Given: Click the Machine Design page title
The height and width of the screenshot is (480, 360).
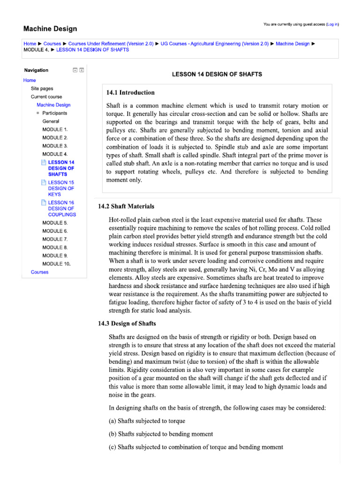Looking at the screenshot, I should (x=50, y=29).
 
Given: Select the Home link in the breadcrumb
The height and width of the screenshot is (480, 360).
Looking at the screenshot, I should (x=30, y=44).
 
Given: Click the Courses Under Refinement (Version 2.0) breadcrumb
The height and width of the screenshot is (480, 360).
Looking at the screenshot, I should (x=111, y=44).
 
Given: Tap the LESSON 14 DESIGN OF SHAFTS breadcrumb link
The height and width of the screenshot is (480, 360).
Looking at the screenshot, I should (x=92, y=50).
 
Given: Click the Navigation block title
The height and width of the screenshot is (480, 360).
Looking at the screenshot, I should (x=36, y=70).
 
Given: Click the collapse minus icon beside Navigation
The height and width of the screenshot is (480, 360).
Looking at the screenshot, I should (x=75, y=70).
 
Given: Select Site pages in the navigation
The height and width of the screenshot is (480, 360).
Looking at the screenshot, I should (x=42, y=88).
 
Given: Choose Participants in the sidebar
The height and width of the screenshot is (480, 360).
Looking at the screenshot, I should (x=54, y=113).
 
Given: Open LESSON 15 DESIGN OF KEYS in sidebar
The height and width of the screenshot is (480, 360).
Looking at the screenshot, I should (x=61, y=188).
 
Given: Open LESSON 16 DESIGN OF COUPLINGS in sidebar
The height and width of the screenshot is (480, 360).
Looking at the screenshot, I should (x=61, y=209).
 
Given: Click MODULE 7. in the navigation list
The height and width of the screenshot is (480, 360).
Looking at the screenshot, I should (x=55, y=239).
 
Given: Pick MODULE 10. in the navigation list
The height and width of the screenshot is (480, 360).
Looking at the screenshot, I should (x=56, y=264).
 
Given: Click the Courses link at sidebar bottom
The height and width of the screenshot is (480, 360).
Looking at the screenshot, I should (x=39, y=272).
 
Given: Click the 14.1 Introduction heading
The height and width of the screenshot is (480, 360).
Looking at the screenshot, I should (x=131, y=92).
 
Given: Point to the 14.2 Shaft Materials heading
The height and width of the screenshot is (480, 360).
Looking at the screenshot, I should (x=126, y=206).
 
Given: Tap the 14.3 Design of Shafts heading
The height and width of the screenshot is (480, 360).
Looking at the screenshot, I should (x=127, y=323).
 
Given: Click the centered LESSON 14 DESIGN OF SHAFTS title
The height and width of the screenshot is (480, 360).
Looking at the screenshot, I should (x=217, y=74).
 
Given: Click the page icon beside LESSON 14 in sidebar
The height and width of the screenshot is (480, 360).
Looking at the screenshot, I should (x=44, y=162).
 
